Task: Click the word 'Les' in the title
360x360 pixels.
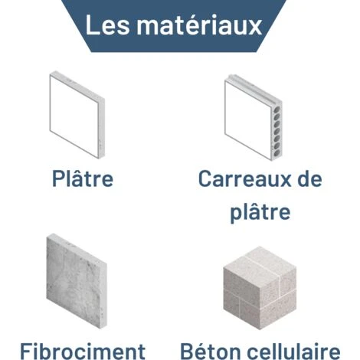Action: click(107, 25)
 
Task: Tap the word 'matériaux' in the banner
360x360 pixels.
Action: click(199, 25)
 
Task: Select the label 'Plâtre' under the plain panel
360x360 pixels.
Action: click(83, 178)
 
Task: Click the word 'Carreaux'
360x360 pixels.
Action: click(245, 178)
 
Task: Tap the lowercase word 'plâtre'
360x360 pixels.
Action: click(260, 211)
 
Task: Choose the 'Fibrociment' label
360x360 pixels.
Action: click(83, 352)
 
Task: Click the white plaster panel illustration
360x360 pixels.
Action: click(77, 115)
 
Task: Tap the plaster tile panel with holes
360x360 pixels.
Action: click(254, 117)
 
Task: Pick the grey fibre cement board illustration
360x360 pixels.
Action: click(77, 281)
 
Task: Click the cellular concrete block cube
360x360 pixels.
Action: click(260, 288)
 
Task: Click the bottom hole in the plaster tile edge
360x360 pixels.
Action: click(277, 152)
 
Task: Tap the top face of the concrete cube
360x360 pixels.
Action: click(260, 263)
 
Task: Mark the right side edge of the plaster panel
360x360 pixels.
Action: click(101, 128)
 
